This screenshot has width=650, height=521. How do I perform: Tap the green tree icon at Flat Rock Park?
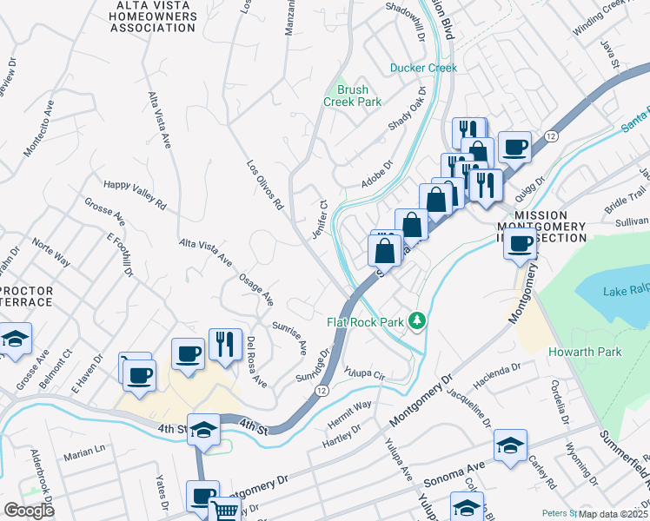tap(418, 321)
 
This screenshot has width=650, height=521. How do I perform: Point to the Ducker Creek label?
tap(423, 67)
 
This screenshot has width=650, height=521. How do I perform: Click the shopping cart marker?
tap(225, 511)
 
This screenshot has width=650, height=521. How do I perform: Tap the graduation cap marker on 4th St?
tap(203, 430)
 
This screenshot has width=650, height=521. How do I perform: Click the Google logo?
tap(29, 511)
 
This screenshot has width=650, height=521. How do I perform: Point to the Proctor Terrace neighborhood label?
tap(26, 296)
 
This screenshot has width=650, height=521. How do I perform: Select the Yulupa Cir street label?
tap(368, 372)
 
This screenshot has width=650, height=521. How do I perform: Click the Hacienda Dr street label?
tap(496, 376)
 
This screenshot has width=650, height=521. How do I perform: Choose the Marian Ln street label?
tap(84, 452)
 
